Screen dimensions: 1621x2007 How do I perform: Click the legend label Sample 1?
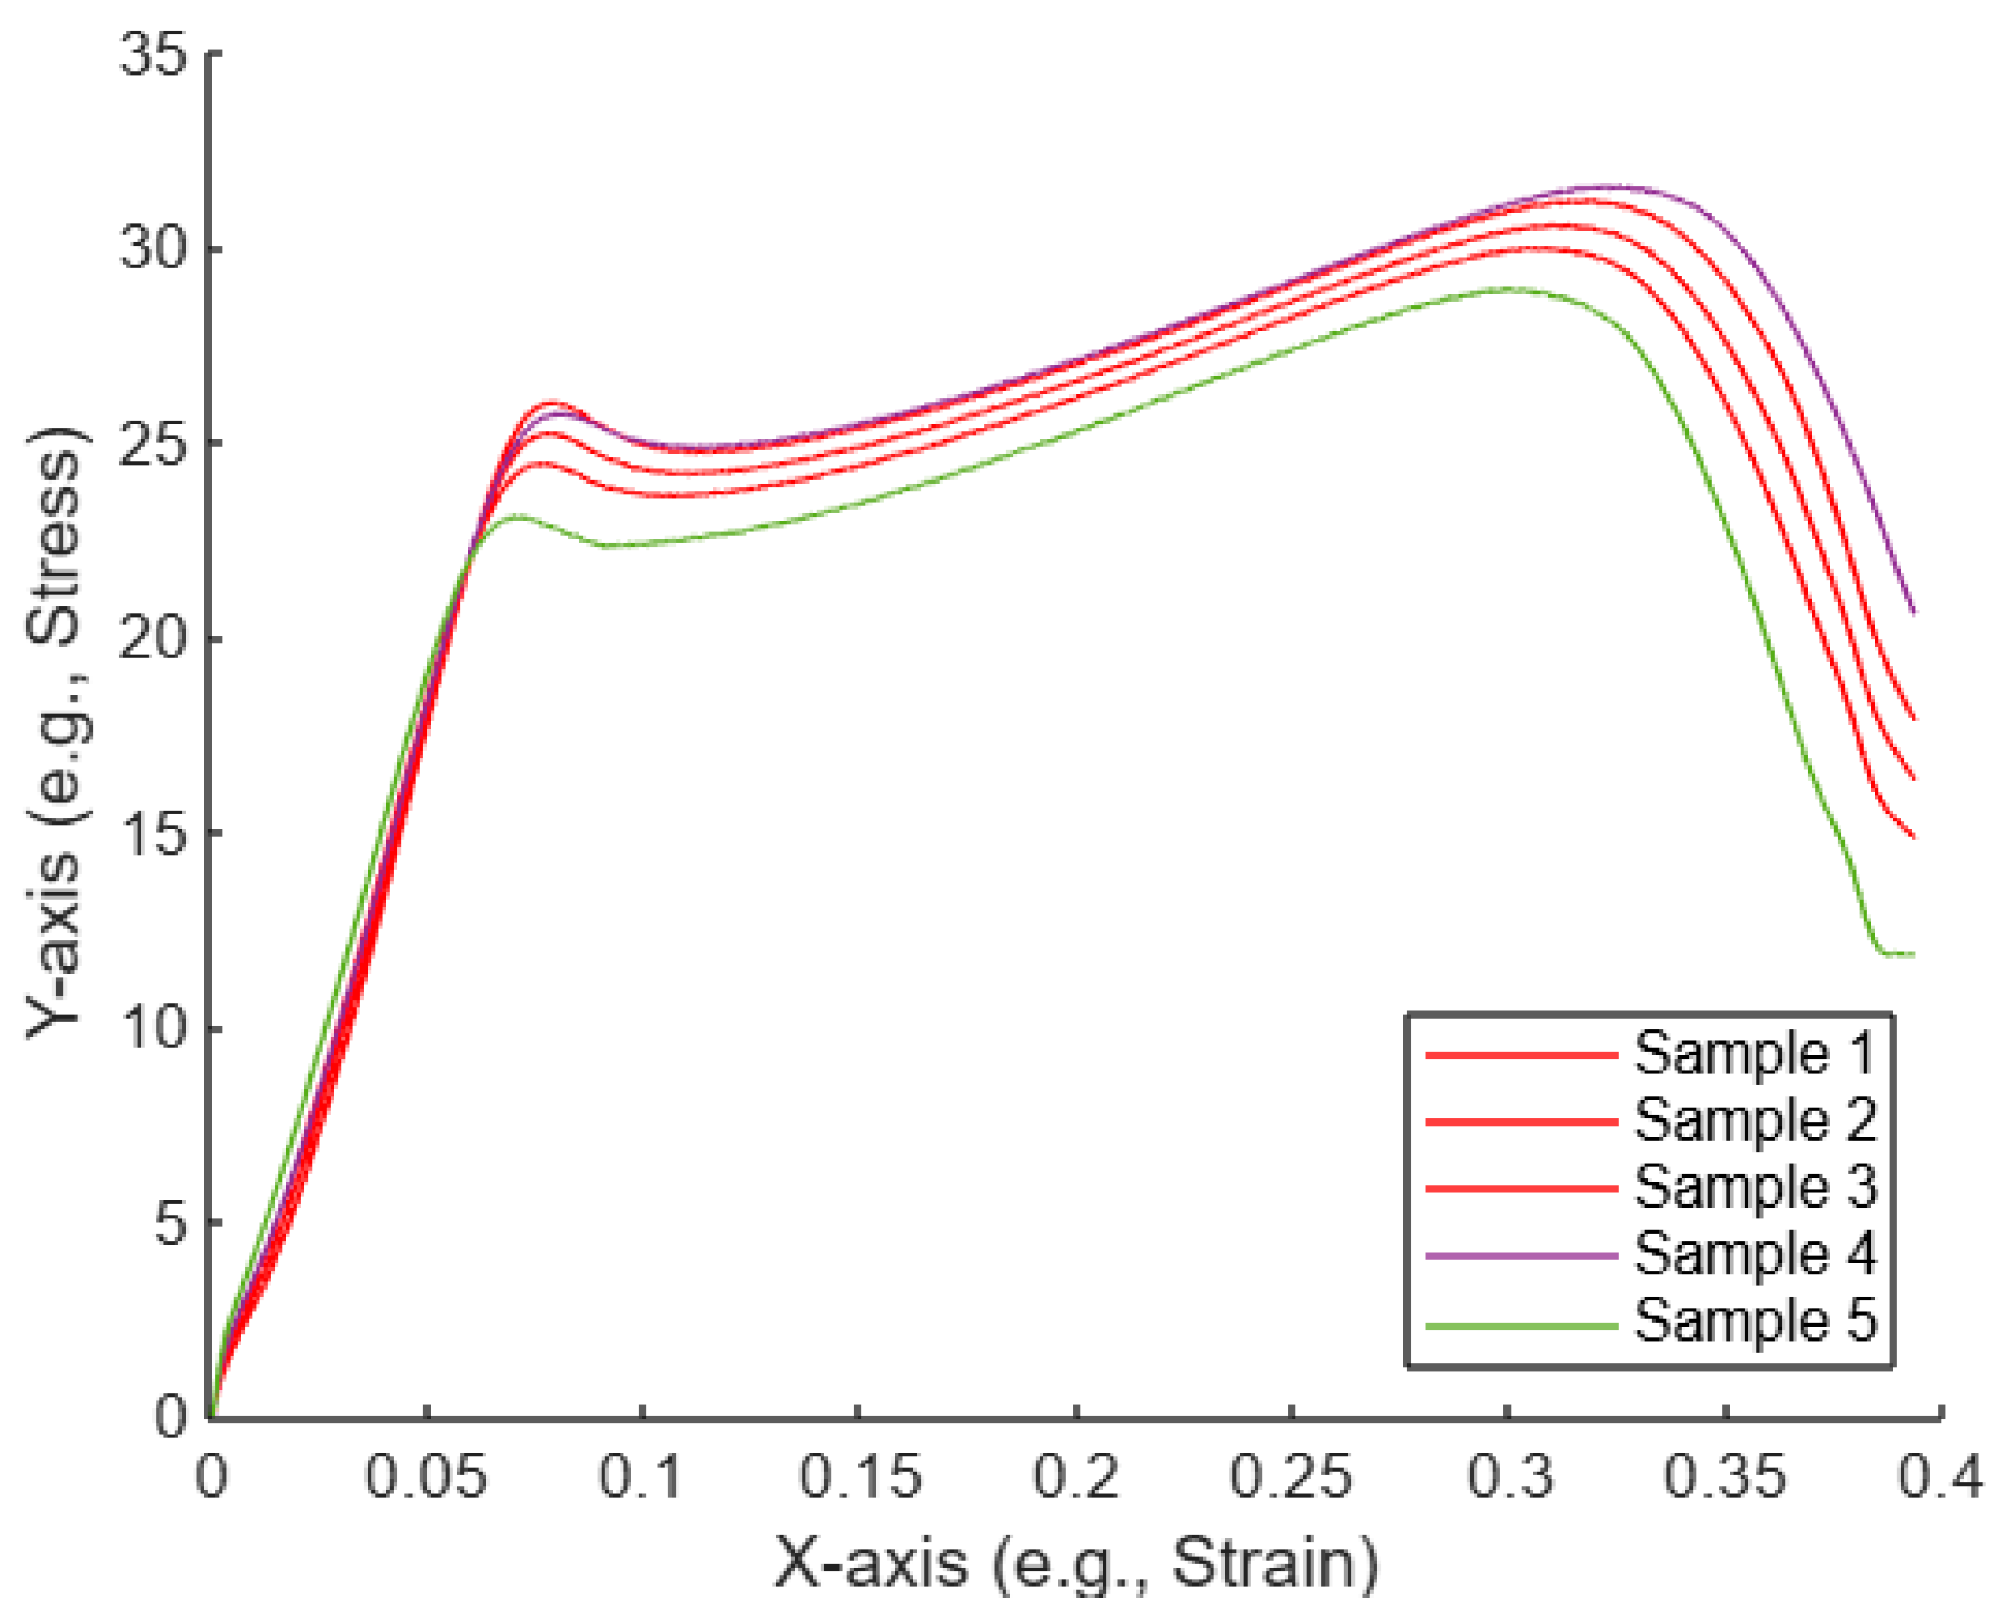(x=1754, y=1055)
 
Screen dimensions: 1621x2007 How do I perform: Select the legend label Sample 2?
(x=1754, y=1120)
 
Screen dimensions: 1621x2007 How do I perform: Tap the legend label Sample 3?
(x=1754, y=1188)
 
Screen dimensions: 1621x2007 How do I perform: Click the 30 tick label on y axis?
(x=154, y=249)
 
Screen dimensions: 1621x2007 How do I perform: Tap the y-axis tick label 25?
(x=154, y=444)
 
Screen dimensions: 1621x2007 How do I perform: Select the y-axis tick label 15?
(x=154, y=834)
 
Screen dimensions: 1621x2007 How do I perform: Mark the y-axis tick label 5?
(x=172, y=1224)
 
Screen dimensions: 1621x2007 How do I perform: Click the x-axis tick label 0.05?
(x=426, y=1478)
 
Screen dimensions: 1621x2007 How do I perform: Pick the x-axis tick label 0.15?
(x=860, y=1478)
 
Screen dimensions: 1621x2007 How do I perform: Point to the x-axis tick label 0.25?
(x=1292, y=1478)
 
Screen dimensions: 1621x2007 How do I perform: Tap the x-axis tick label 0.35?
(x=1725, y=1478)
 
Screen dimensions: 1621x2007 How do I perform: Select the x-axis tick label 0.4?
(x=1940, y=1478)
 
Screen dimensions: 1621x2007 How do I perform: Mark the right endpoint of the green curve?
(x=1913, y=955)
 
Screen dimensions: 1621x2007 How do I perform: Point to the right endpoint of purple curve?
(x=1913, y=613)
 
